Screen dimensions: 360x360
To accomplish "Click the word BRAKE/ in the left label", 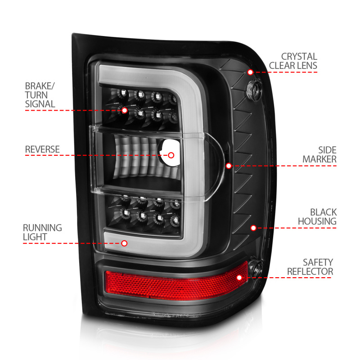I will point(40,85).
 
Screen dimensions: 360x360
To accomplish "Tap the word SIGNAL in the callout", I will point(40,104).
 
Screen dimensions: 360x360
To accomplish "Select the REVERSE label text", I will point(42,149).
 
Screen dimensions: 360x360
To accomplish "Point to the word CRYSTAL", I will point(299,57).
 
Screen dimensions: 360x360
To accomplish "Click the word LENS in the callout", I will point(306,66).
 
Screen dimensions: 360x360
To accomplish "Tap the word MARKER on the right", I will point(319,159).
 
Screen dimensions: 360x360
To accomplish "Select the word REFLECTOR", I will point(310,271).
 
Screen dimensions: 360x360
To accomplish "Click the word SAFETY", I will point(318,262).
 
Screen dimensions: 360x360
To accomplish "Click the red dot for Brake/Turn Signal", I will point(124,109).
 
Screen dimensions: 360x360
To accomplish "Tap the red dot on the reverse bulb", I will point(171,155).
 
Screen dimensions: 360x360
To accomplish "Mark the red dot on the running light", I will point(125,243).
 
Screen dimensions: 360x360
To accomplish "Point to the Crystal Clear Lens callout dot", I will point(250,72).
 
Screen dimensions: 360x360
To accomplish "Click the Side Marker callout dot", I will point(229,166).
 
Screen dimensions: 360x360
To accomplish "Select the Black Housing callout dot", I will point(253,228).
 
